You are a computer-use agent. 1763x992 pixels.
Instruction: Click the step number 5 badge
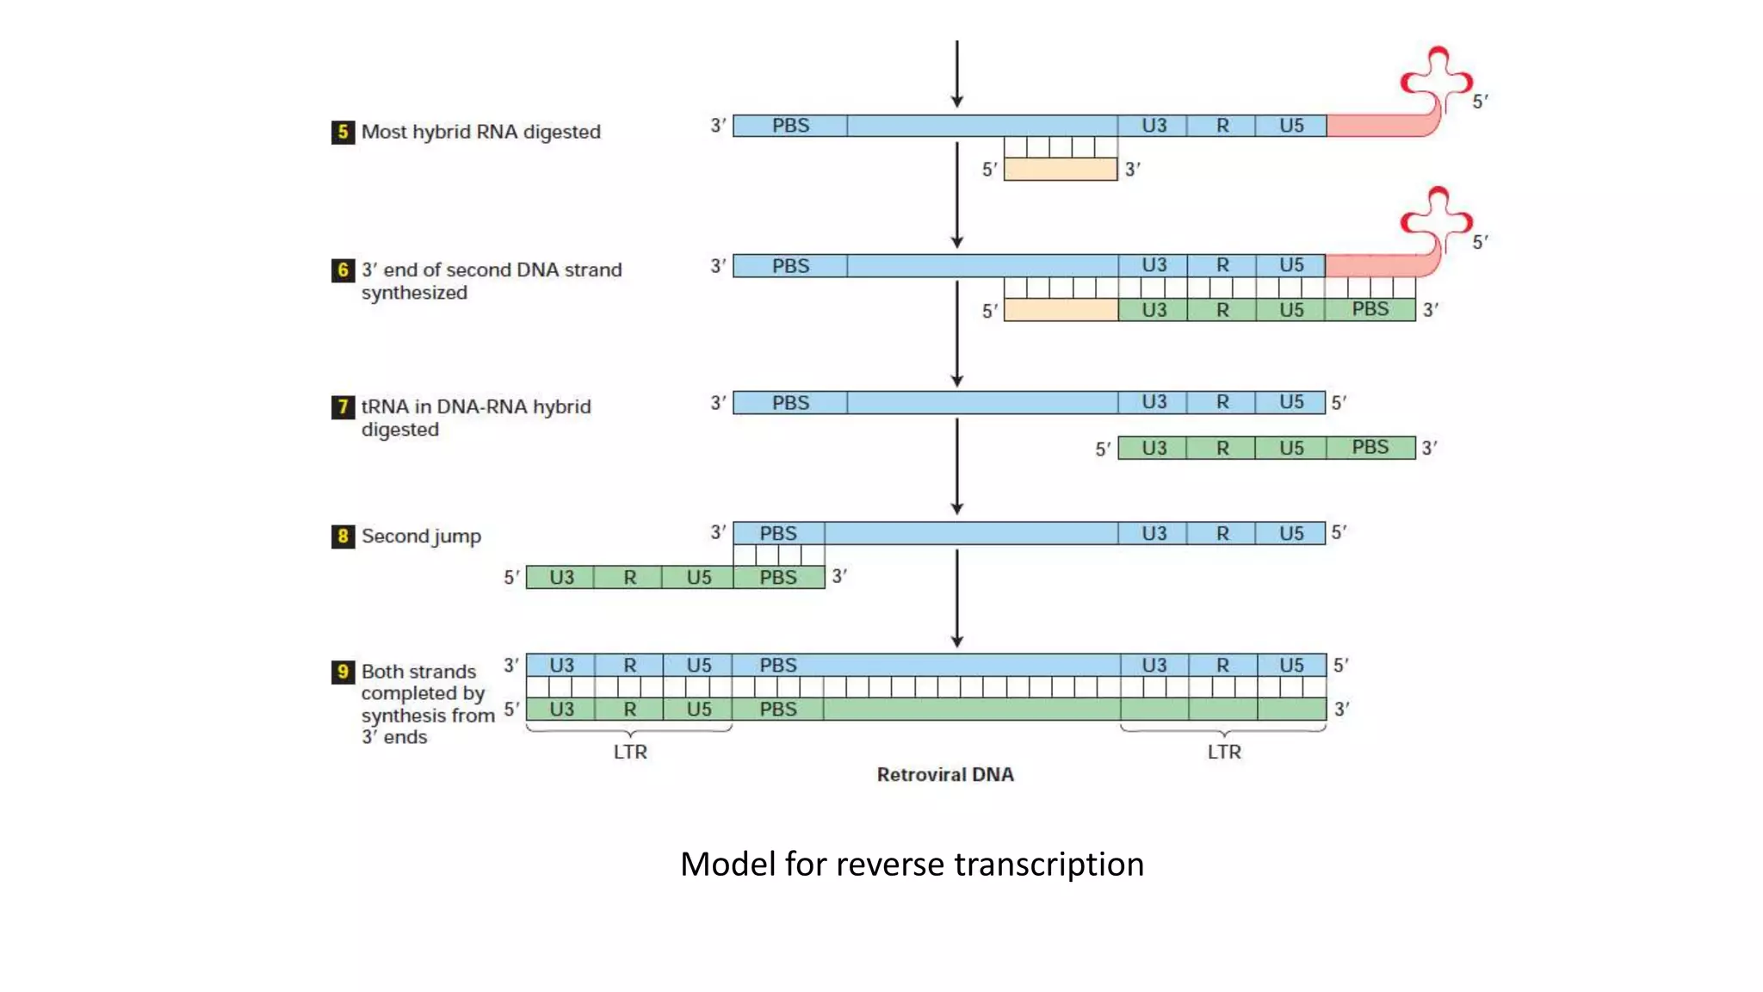pyautogui.click(x=343, y=132)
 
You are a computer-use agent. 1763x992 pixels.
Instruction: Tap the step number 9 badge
pyautogui.click(x=343, y=672)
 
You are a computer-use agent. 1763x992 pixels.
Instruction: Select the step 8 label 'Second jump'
pyautogui.click(x=421, y=536)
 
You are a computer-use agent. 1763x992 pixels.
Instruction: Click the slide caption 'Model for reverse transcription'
pyautogui.click(x=912, y=864)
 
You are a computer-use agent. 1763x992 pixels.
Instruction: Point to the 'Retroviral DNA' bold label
pyautogui.click(x=945, y=774)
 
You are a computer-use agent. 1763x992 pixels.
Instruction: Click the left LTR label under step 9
pyautogui.click(x=630, y=752)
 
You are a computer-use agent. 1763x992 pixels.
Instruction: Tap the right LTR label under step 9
pyautogui.click(x=1223, y=752)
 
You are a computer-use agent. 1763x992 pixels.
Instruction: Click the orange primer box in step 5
pyautogui.click(x=1061, y=170)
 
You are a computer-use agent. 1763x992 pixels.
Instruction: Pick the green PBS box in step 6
pyautogui.click(x=1370, y=310)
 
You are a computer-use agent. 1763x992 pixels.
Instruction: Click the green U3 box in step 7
pyautogui.click(x=1153, y=448)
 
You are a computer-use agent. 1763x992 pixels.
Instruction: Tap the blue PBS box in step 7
pyautogui.click(x=790, y=403)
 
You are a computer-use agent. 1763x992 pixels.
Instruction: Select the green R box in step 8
pyautogui.click(x=629, y=578)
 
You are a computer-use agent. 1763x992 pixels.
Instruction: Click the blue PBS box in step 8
pyautogui.click(x=778, y=534)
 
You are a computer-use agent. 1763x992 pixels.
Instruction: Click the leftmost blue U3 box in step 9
pyautogui.click(x=561, y=666)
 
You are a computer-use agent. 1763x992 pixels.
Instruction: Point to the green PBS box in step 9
pyautogui.click(x=778, y=710)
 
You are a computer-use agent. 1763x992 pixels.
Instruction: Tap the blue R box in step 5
pyautogui.click(x=1222, y=126)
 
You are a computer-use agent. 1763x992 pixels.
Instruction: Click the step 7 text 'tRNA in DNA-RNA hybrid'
pyautogui.click(x=476, y=406)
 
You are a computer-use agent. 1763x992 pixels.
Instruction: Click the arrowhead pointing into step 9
pyautogui.click(x=956, y=642)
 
